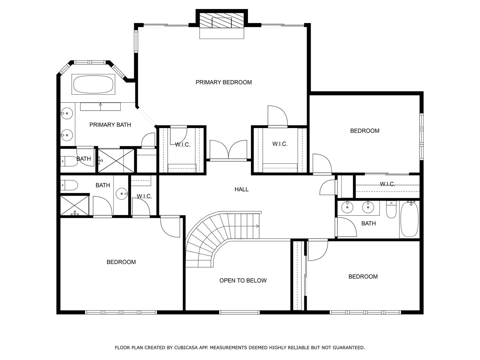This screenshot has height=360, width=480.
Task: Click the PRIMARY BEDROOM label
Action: tap(223, 82)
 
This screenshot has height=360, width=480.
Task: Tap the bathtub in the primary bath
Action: tap(93, 84)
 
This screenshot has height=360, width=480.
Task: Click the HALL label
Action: tap(241, 189)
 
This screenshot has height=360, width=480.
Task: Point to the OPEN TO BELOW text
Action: tap(243, 281)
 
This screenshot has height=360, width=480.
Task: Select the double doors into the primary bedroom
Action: tap(228, 150)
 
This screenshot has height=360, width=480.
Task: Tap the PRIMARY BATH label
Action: tap(110, 125)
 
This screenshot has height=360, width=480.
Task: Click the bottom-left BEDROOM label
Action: tap(121, 262)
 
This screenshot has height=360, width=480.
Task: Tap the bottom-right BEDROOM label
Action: tap(363, 276)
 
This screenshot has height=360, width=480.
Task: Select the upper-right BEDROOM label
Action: tap(365, 131)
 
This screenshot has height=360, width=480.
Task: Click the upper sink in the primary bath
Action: tap(67, 113)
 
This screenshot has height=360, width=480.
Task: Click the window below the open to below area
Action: tap(239, 312)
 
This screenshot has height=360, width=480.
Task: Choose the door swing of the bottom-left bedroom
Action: tap(171, 227)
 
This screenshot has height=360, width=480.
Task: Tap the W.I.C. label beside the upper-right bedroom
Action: tap(387, 184)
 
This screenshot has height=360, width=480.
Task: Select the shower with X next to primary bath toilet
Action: tap(116, 161)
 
